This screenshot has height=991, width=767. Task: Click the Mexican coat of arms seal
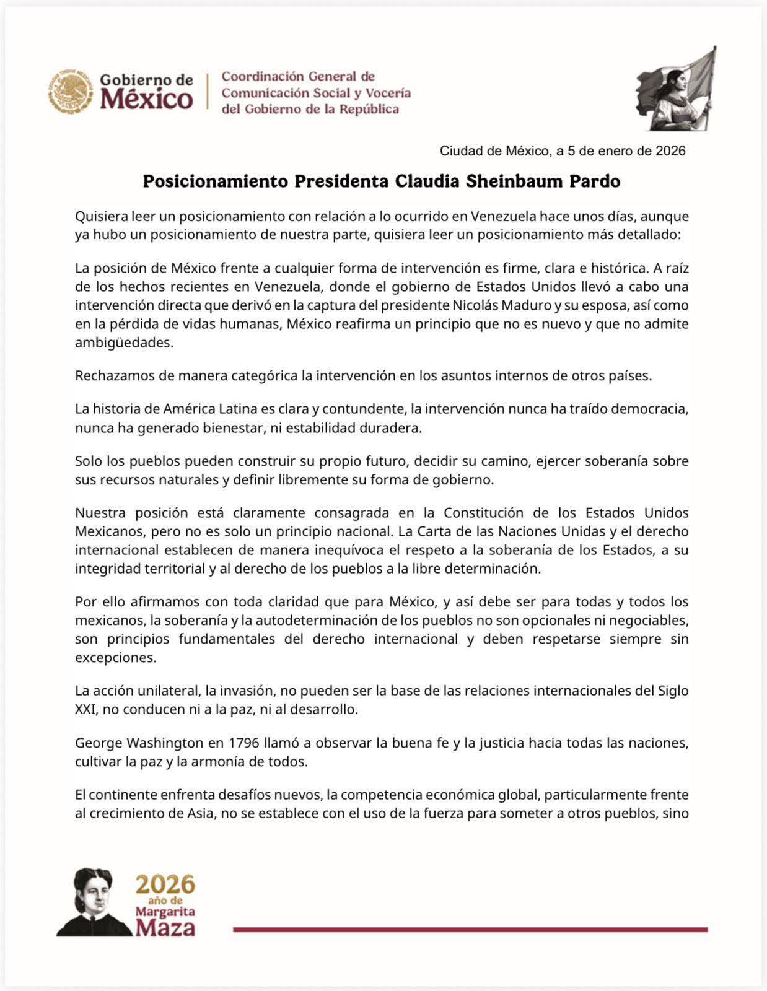pos(72,91)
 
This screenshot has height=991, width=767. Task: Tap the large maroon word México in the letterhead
pos(146,99)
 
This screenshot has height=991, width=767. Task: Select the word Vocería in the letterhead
pos(388,93)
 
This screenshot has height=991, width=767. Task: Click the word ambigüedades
pos(124,343)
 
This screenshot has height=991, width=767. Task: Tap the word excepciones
pos(115,658)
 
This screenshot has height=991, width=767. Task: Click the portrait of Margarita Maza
pos(93,901)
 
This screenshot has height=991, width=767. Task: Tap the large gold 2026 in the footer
pos(165,884)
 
